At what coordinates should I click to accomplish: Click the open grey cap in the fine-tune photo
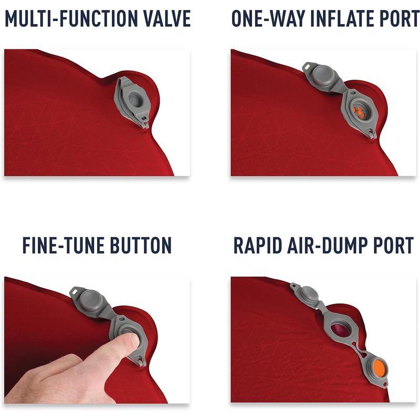tap(90, 301)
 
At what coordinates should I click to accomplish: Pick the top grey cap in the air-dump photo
tap(309, 295)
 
